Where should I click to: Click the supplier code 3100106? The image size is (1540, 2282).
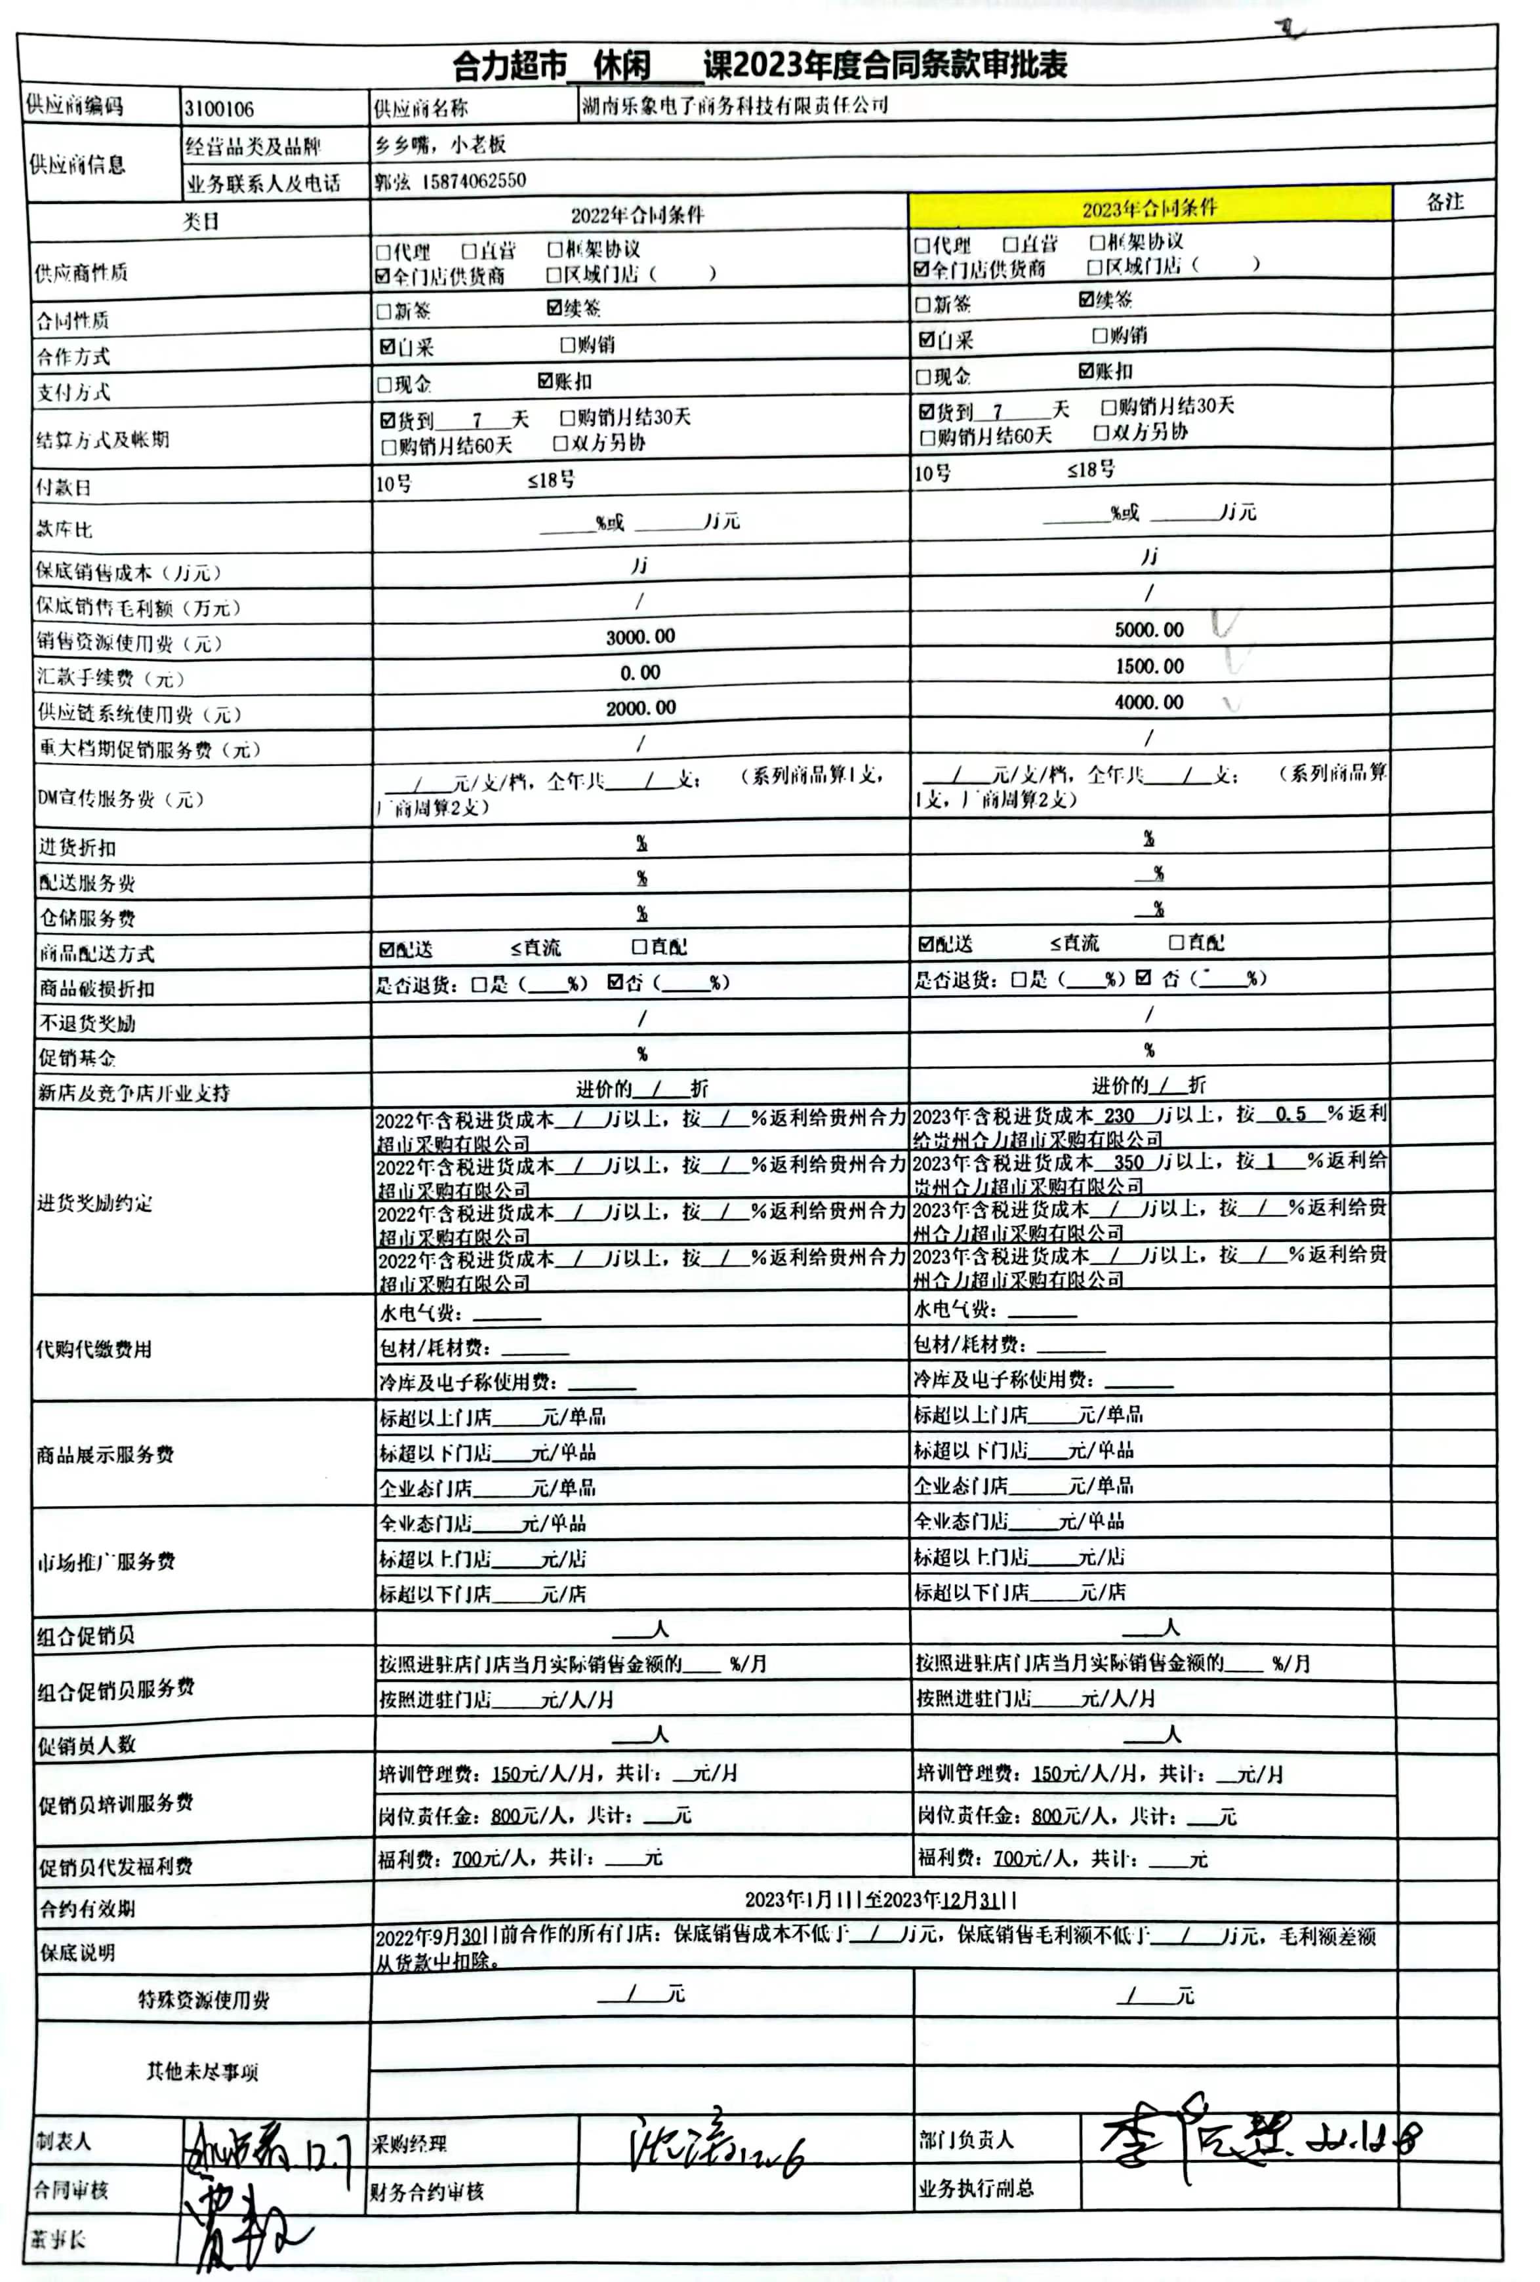click(219, 109)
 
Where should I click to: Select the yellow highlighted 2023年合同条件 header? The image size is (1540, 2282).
click(1149, 207)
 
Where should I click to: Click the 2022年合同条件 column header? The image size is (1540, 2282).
click(638, 214)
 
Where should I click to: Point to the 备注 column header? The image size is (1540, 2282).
click(1445, 202)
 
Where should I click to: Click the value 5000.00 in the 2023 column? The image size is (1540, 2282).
click(1149, 630)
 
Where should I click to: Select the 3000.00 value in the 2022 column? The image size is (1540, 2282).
click(640, 636)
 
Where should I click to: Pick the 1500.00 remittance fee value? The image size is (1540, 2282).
click(1149, 666)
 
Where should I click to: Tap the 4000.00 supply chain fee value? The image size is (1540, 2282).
click(1149, 702)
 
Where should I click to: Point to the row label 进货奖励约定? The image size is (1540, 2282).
click(95, 1203)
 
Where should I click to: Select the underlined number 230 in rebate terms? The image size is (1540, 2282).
click(1119, 1115)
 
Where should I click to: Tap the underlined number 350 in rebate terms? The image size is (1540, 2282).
click(1129, 1161)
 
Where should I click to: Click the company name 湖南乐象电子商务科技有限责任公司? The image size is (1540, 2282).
click(735, 105)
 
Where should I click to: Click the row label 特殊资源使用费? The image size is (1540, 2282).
click(203, 1999)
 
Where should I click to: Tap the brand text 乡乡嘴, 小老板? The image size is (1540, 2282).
click(440, 144)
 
